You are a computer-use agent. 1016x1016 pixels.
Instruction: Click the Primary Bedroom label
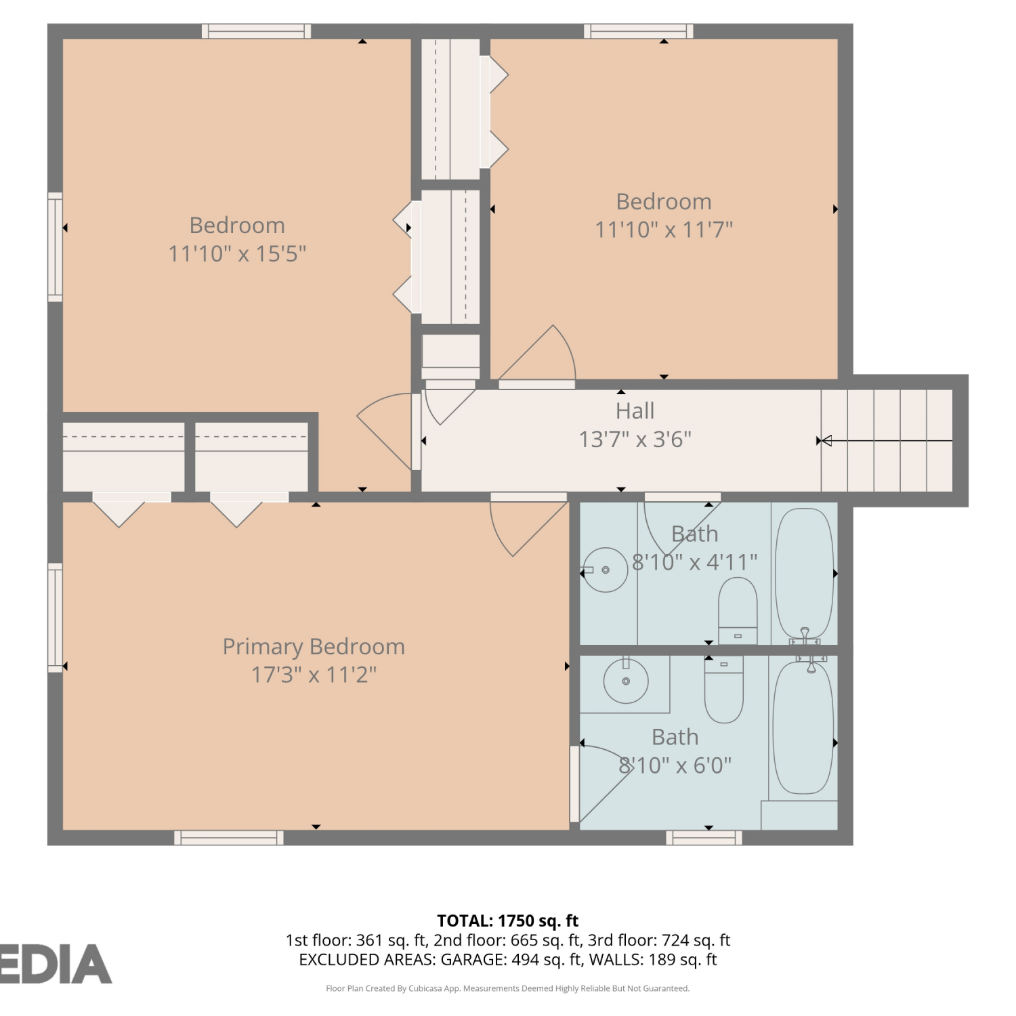pyautogui.click(x=314, y=647)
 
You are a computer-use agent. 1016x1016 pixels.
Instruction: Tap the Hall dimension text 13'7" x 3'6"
pyautogui.click(x=635, y=440)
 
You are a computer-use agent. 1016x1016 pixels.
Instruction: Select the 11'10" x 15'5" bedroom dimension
pyautogui.click(x=237, y=254)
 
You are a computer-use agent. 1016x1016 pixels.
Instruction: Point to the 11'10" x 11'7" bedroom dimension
pyautogui.click(x=664, y=230)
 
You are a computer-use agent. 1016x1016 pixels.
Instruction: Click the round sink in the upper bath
pyautogui.click(x=606, y=570)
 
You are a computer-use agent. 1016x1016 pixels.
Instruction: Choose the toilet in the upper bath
pyautogui.click(x=738, y=611)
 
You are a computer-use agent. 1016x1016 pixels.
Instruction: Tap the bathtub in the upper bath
pyautogui.click(x=804, y=574)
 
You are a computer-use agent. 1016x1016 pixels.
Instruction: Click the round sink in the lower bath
pyautogui.click(x=626, y=681)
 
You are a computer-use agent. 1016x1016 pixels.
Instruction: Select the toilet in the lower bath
pyautogui.click(x=724, y=689)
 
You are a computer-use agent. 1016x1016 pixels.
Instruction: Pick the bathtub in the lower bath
pyautogui.click(x=803, y=727)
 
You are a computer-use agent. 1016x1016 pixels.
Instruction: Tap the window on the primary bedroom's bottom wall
pyautogui.click(x=229, y=838)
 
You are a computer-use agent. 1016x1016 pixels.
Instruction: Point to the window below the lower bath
pyautogui.click(x=704, y=838)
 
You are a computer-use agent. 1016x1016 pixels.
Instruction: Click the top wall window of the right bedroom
pyautogui.click(x=639, y=31)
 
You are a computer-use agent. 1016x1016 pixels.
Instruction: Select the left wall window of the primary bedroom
pyautogui.click(x=55, y=618)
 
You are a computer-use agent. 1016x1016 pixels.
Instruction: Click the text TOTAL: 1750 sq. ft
pyautogui.click(x=508, y=920)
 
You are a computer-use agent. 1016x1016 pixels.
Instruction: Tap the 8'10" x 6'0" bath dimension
pyautogui.click(x=675, y=765)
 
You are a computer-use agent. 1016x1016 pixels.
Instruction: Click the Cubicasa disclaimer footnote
pyautogui.click(x=508, y=988)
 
